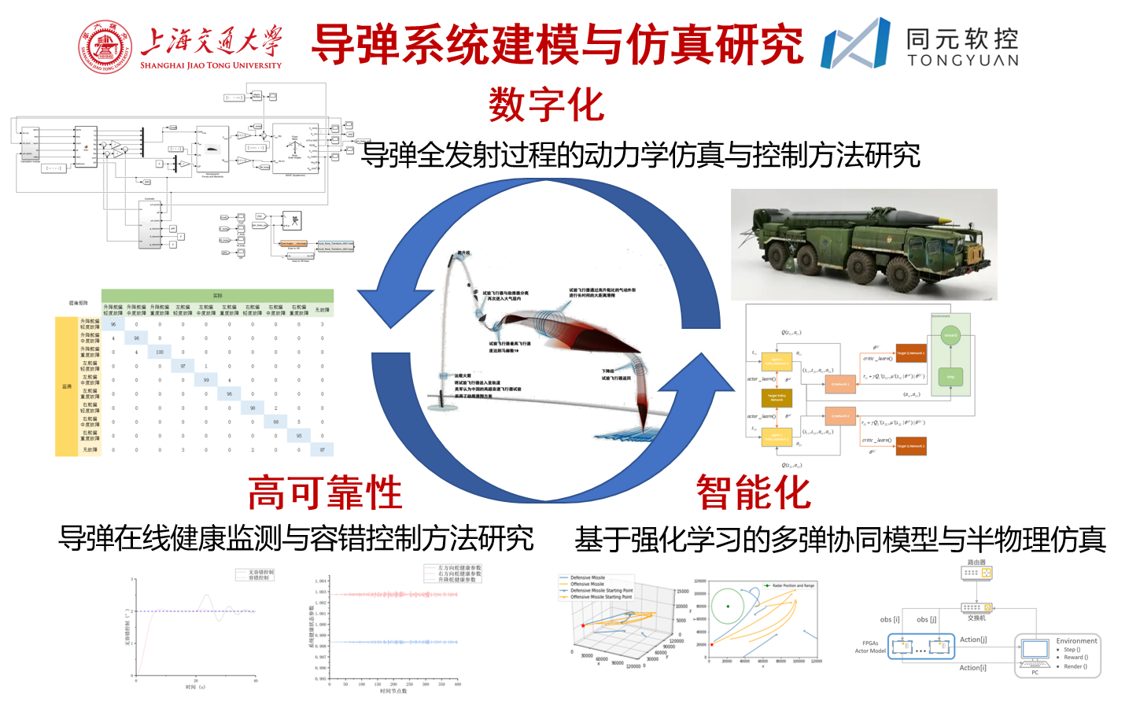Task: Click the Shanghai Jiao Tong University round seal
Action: point(105,46)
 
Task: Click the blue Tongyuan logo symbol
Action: point(855,44)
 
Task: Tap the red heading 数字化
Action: point(546,105)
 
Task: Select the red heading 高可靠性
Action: point(325,493)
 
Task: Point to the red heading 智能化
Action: point(753,493)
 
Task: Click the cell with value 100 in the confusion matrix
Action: point(160,352)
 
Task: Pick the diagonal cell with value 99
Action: point(206,380)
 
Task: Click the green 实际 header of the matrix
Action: point(218,296)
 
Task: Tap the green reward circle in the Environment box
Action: point(950,335)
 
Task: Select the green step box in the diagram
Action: point(950,377)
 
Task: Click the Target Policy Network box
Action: point(777,397)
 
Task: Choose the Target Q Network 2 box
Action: point(911,446)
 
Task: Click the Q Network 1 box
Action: point(841,384)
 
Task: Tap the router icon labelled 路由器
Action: point(976,573)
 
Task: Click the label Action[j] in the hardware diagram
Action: point(972,640)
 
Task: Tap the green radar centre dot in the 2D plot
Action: point(729,606)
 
